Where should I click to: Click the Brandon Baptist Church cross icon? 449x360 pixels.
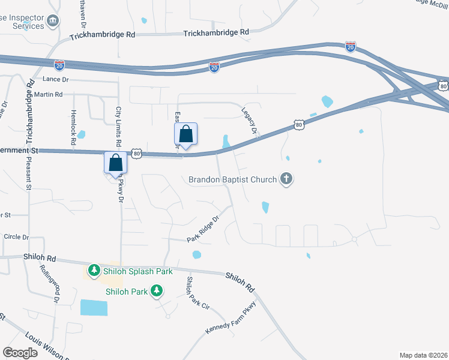pos(287,179)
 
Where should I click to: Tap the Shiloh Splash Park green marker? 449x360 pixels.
pos(94,271)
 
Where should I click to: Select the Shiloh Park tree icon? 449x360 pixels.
pos(157,292)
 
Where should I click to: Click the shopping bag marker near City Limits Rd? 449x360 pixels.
pos(115,163)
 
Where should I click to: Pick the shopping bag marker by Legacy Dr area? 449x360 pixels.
pos(186,135)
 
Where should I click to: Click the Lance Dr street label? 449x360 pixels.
pos(56,79)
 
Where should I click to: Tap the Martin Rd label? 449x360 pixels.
pos(49,95)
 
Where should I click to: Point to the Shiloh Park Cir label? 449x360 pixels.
pos(197,293)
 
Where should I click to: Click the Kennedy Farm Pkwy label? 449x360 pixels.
pos(231,319)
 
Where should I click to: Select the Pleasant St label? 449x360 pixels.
pos(29,175)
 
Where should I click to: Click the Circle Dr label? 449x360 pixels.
pos(16,237)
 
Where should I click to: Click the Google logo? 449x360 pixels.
pos(20,353)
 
